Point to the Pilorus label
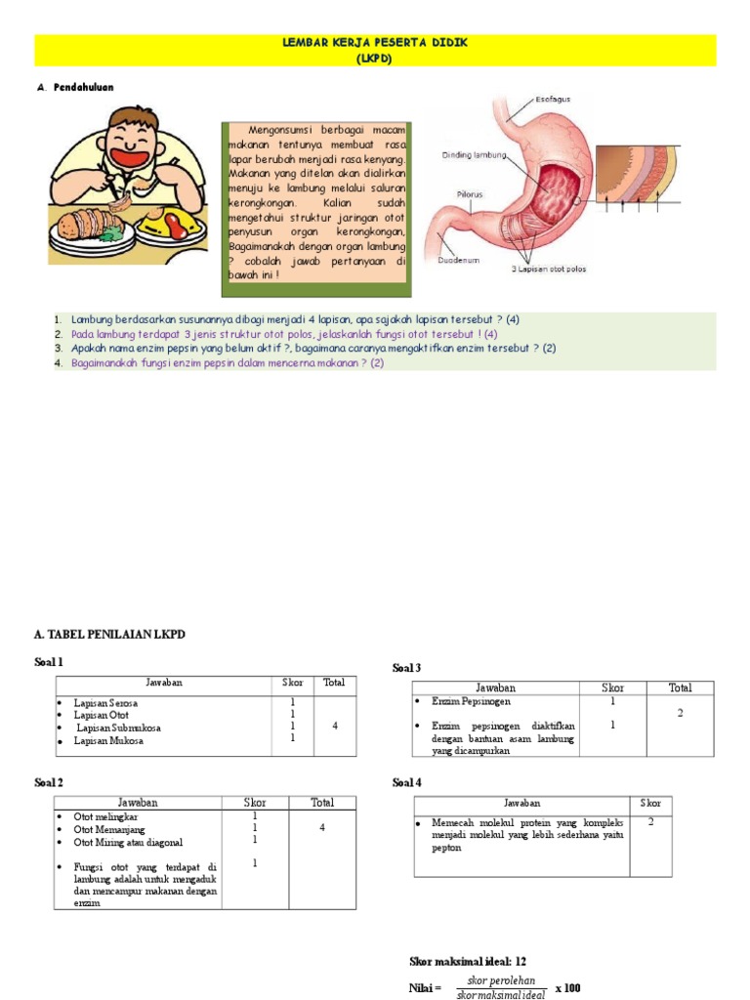coord(470,194)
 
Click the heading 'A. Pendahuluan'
coord(75,87)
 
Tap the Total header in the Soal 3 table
coord(679,687)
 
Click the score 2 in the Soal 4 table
coord(650,821)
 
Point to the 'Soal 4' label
coord(406,782)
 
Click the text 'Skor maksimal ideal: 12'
coord(467,962)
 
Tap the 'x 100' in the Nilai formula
coord(567,987)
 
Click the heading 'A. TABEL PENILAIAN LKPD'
coord(109,635)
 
